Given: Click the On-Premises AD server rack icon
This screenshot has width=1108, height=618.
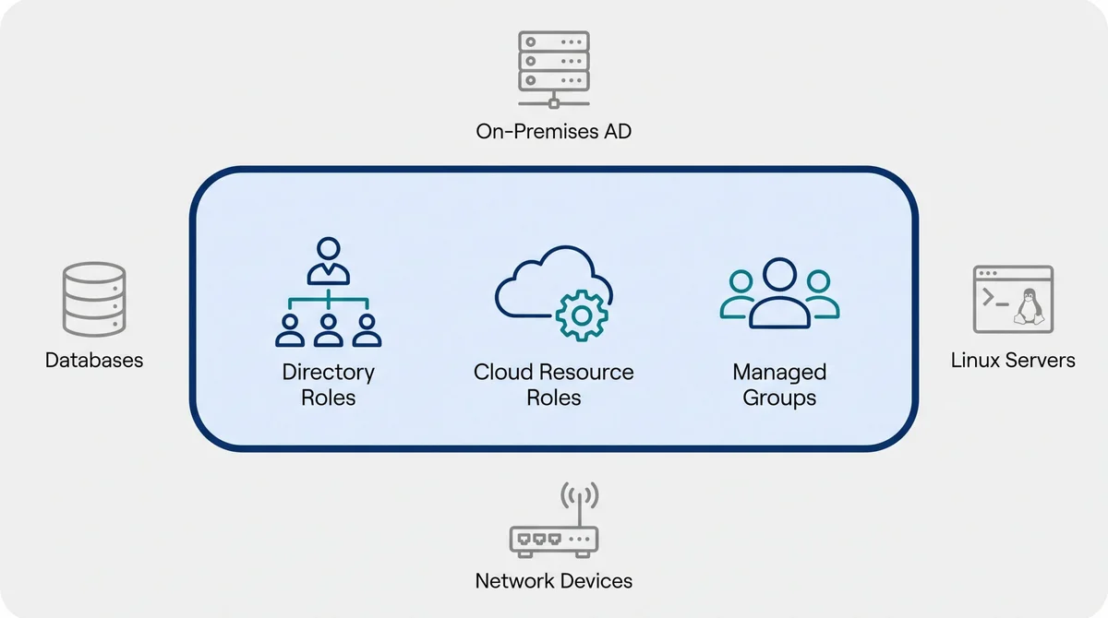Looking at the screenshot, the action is (553, 69).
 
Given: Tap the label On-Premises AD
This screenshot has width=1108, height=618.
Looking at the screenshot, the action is (553, 131).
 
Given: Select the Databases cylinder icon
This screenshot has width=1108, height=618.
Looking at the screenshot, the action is (94, 300).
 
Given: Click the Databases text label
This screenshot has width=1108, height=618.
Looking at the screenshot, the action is (94, 360).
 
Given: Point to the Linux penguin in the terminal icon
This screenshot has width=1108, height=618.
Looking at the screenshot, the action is (1029, 307).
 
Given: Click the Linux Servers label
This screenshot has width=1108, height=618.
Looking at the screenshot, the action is (1013, 360).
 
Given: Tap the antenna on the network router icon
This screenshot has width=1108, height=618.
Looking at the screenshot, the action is (579, 504).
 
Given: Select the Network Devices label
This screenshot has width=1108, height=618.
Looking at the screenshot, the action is (553, 581).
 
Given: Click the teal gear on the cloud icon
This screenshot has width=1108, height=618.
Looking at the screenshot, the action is (582, 315).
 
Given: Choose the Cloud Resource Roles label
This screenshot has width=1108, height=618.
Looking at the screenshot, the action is (553, 385).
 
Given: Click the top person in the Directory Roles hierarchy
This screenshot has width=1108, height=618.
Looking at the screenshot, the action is (329, 261).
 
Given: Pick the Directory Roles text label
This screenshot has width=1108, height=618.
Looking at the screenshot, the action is (329, 385).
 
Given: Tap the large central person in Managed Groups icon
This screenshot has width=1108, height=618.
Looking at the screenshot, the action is (779, 293).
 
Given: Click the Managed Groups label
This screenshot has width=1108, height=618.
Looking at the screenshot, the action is (779, 385).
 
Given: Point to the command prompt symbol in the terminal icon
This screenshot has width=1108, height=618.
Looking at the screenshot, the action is (994, 298).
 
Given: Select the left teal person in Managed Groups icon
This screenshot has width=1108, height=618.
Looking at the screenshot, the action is (738, 294).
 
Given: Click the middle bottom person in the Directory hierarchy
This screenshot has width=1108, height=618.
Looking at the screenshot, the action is (329, 330).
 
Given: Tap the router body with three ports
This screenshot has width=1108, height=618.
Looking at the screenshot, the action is (554, 542).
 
